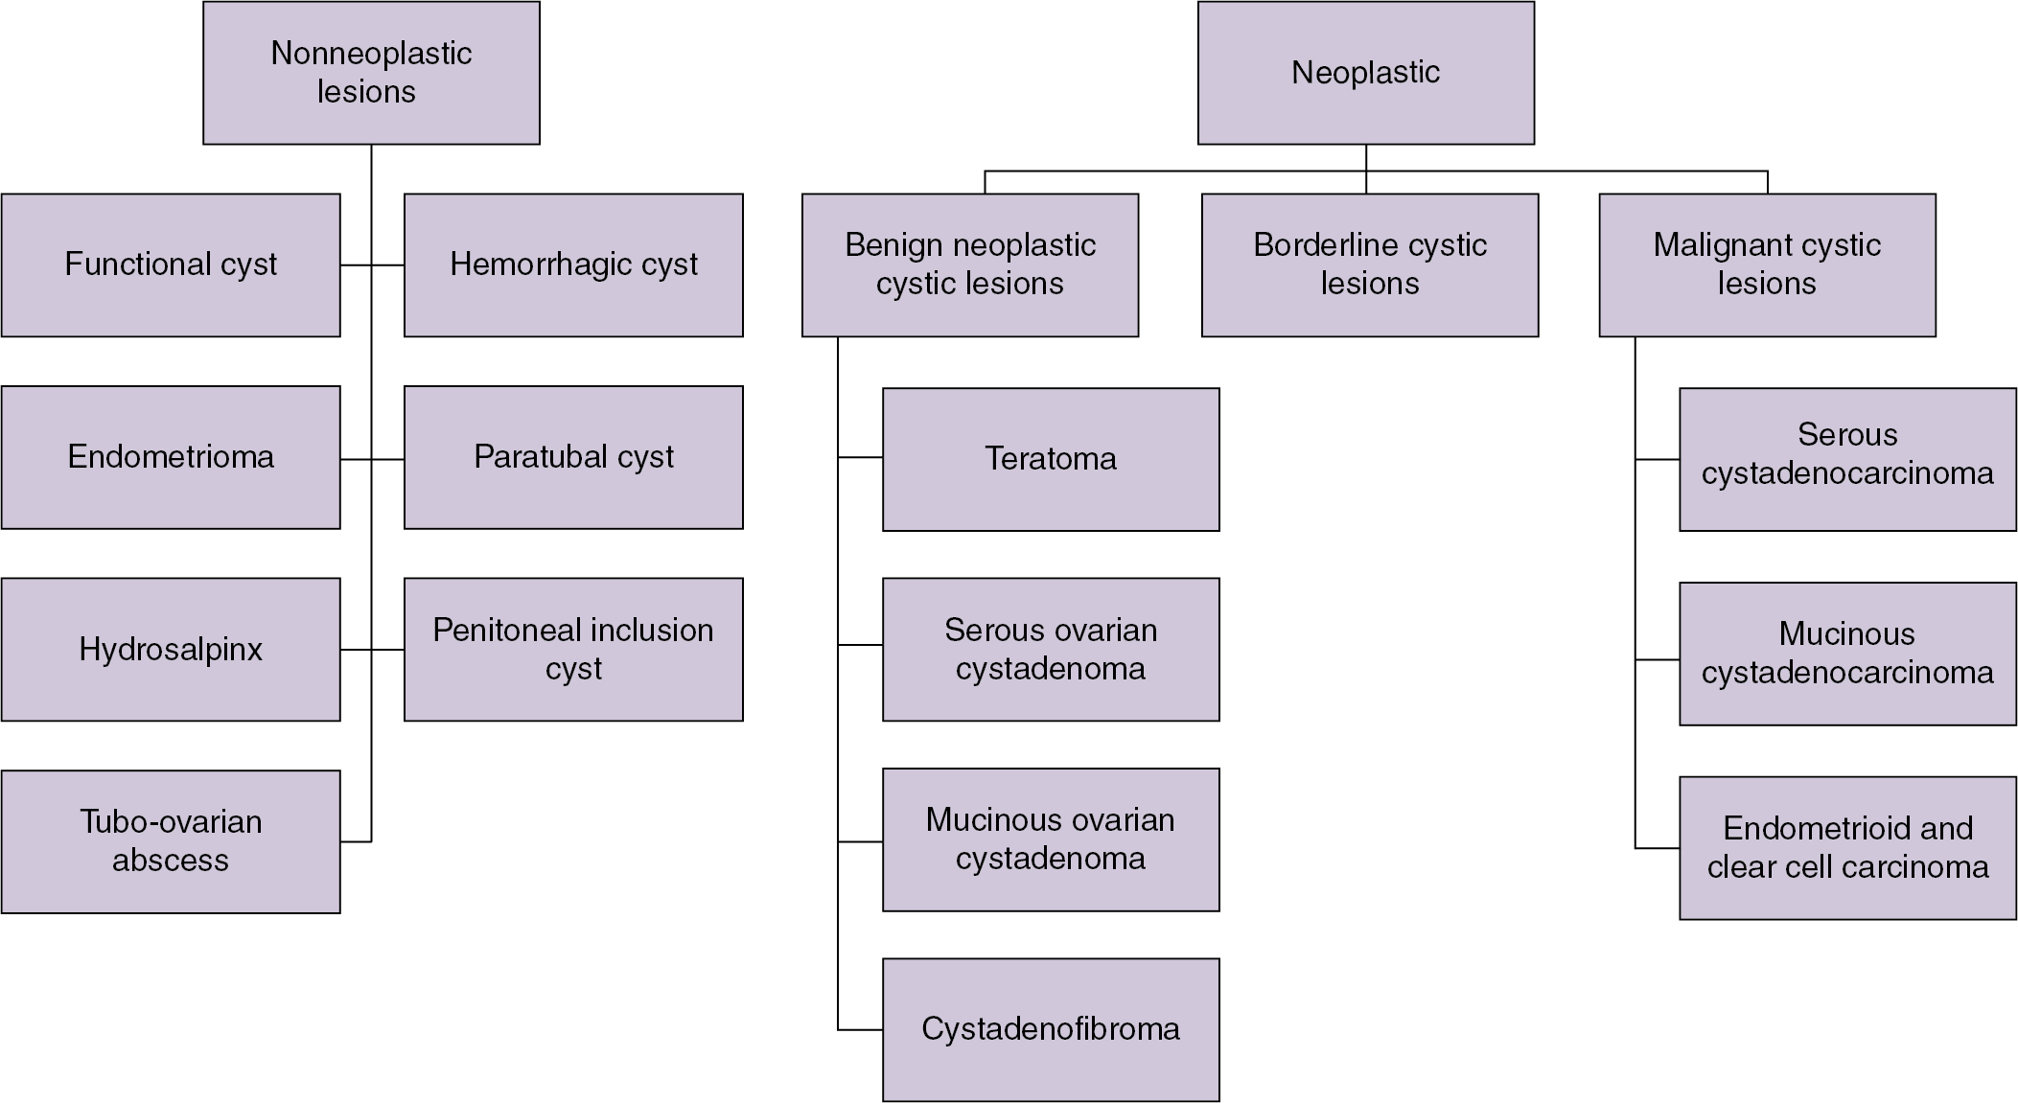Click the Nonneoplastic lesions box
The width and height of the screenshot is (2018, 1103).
pos(371,73)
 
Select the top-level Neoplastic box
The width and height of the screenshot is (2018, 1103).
pos(1365,73)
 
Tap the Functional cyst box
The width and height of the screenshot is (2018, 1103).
pos(171,265)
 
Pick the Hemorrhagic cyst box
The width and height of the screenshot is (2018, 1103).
pos(573,265)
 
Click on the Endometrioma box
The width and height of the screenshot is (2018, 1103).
pos(171,457)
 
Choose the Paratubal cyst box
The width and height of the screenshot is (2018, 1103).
pos(573,457)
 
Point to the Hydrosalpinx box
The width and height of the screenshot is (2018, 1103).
pos(171,649)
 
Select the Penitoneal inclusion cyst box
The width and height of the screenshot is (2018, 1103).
pos(573,649)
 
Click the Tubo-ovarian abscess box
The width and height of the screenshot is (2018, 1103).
pos(171,841)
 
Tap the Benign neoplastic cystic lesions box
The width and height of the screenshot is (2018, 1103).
pos(970,265)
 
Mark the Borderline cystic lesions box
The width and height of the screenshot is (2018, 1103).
pos(1370,265)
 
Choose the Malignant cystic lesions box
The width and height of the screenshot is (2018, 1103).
pos(1767,265)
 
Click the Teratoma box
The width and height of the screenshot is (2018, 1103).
pos(1051,459)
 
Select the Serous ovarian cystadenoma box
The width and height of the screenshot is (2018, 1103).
pos(1051,649)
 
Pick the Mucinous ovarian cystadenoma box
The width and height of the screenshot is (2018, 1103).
pos(1051,839)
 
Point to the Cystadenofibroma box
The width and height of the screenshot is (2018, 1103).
pos(1051,1029)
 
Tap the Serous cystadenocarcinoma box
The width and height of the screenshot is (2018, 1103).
pos(1847,459)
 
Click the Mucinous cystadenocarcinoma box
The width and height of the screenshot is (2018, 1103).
pos(1847,654)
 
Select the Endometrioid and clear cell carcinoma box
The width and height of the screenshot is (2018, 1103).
pos(1847,848)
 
